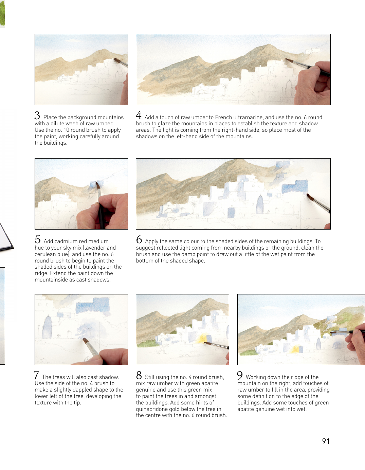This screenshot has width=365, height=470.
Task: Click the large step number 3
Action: (x=37, y=115)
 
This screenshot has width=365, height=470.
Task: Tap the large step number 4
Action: (x=139, y=115)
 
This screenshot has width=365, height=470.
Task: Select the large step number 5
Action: (x=37, y=239)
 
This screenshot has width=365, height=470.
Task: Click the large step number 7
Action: (x=36, y=376)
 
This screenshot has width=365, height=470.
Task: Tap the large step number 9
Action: (x=240, y=376)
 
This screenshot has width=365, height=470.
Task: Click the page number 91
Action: (x=326, y=441)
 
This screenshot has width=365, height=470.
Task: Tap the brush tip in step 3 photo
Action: (x=115, y=59)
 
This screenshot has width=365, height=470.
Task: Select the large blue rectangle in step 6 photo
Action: (x=295, y=187)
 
